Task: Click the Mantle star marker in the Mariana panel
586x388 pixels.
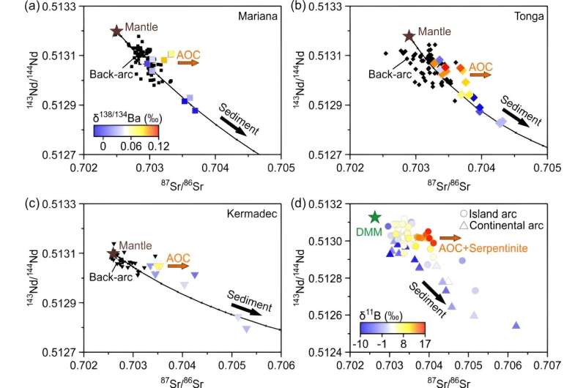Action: (116, 31)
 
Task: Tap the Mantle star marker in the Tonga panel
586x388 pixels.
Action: (409, 36)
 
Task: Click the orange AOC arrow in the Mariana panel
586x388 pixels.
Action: (188, 64)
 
